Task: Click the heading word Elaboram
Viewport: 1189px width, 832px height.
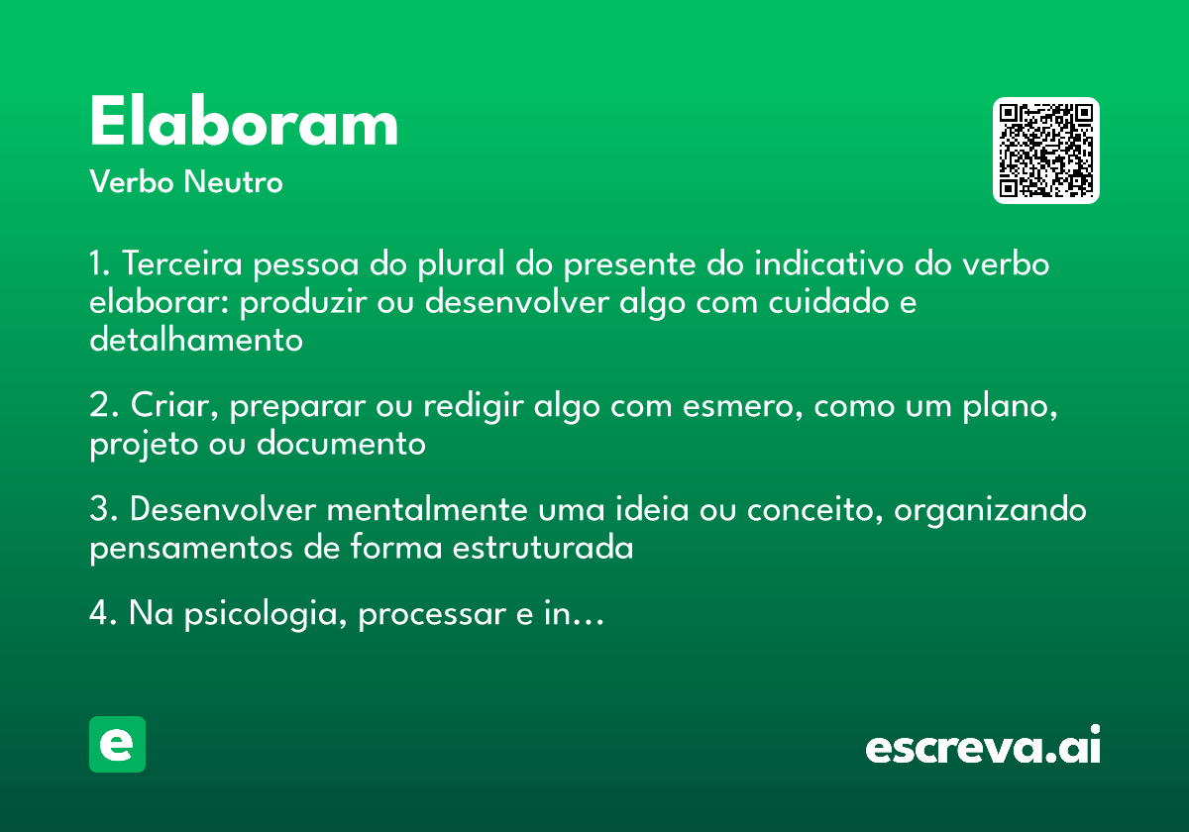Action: (x=244, y=124)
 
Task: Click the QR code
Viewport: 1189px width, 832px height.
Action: (x=1046, y=151)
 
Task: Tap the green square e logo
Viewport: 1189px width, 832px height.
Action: (x=117, y=744)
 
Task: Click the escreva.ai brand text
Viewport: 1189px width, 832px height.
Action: (x=983, y=748)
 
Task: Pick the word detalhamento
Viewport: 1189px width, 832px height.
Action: (x=195, y=340)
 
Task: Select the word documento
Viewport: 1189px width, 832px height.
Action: (x=341, y=444)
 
